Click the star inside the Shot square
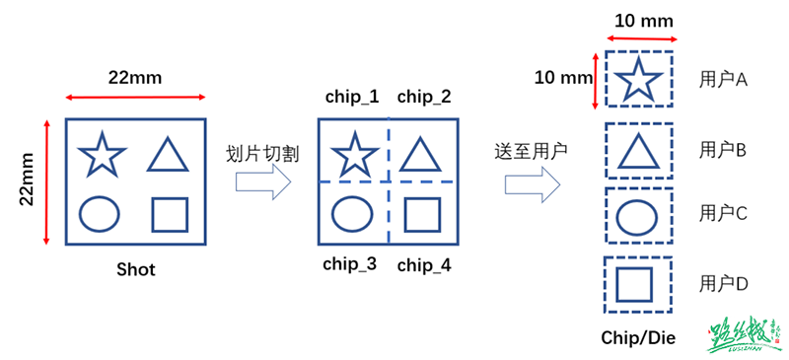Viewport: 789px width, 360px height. point(103,154)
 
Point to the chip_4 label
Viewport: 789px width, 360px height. point(425,264)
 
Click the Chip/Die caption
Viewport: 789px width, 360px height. point(638,337)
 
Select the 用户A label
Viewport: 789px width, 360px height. point(724,79)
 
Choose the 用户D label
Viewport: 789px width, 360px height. point(724,284)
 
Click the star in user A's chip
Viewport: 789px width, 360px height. point(638,78)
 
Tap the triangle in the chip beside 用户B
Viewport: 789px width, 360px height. point(638,149)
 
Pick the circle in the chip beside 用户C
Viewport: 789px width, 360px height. point(638,214)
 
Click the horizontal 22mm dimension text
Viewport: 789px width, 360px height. point(135,78)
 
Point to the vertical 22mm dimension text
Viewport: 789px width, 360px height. point(29,180)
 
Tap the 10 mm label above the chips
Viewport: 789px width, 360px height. point(638,20)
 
